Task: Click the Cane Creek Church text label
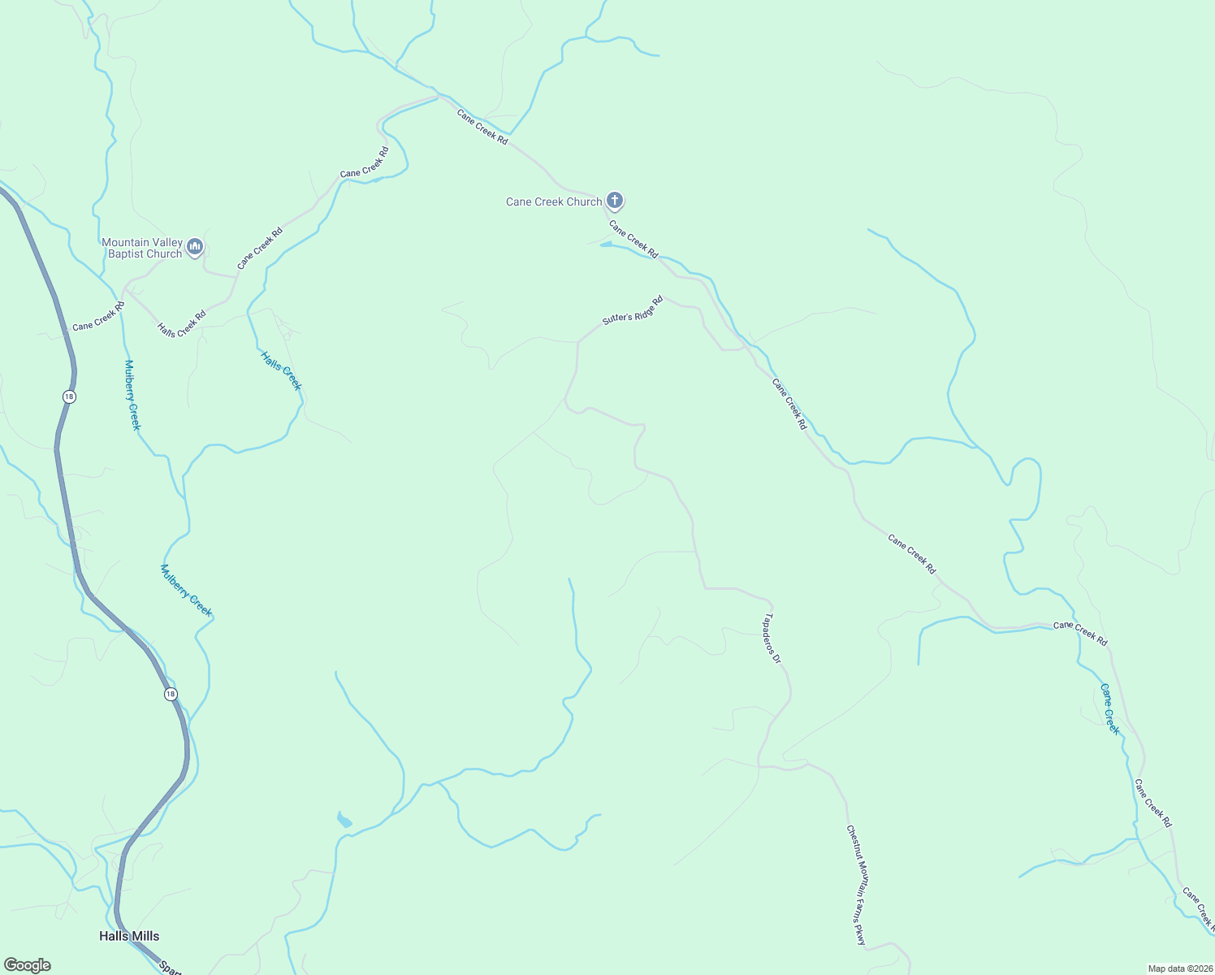point(554,201)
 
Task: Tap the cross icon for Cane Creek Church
point(615,200)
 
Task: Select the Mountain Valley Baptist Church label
point(142,248)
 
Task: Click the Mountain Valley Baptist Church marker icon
point(194,246)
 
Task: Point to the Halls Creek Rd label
point(182,323)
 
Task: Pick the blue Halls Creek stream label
point(281,370)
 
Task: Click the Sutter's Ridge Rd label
point(633,310)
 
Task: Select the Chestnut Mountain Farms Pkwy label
point(857,885)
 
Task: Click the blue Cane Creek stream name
point(1110,709)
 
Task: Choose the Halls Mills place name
point(129,936)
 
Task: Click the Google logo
point(28,965)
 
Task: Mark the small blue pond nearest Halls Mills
point(344,820)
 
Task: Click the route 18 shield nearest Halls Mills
point(170,694)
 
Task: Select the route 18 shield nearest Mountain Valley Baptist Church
point(70,396)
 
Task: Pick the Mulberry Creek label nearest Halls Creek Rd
point(132,395)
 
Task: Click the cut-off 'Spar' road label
point(169,968)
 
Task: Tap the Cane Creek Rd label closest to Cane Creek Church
point(633,240)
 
